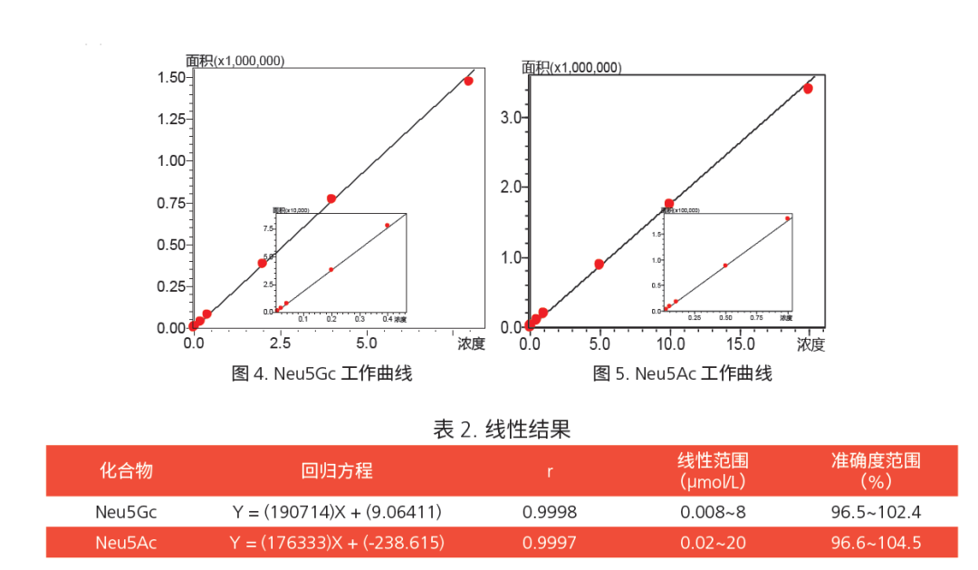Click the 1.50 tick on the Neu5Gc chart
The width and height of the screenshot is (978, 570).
[172, 78]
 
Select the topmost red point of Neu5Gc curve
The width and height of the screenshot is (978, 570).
[468, 81]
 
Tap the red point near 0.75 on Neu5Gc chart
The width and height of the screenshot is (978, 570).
[331, 198]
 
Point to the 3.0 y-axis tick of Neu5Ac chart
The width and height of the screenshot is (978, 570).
[512, 118]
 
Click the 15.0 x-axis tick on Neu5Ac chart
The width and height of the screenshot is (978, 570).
[740, 344]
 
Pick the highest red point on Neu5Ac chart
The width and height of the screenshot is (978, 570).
[808, 88]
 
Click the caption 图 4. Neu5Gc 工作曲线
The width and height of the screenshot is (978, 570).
[321, 373]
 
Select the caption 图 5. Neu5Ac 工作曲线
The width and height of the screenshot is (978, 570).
[682, 373]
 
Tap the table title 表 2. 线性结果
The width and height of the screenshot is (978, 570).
[502, 429]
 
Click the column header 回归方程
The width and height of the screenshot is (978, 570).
[337, 471]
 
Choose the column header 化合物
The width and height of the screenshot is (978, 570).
[126, 471]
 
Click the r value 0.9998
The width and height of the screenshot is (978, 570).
[550, 512]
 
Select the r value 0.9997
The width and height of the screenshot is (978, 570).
[550, 543]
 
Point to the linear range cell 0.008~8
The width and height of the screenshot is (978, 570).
[713, 512]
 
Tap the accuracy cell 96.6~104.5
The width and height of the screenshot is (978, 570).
[876, 543]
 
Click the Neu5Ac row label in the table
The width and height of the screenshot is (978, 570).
[126, 543]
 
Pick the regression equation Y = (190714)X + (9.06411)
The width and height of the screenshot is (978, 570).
[337, 512]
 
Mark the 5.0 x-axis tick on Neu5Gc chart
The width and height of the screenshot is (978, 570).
[366, 344]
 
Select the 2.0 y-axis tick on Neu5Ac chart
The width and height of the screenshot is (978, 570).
[512, 188]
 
